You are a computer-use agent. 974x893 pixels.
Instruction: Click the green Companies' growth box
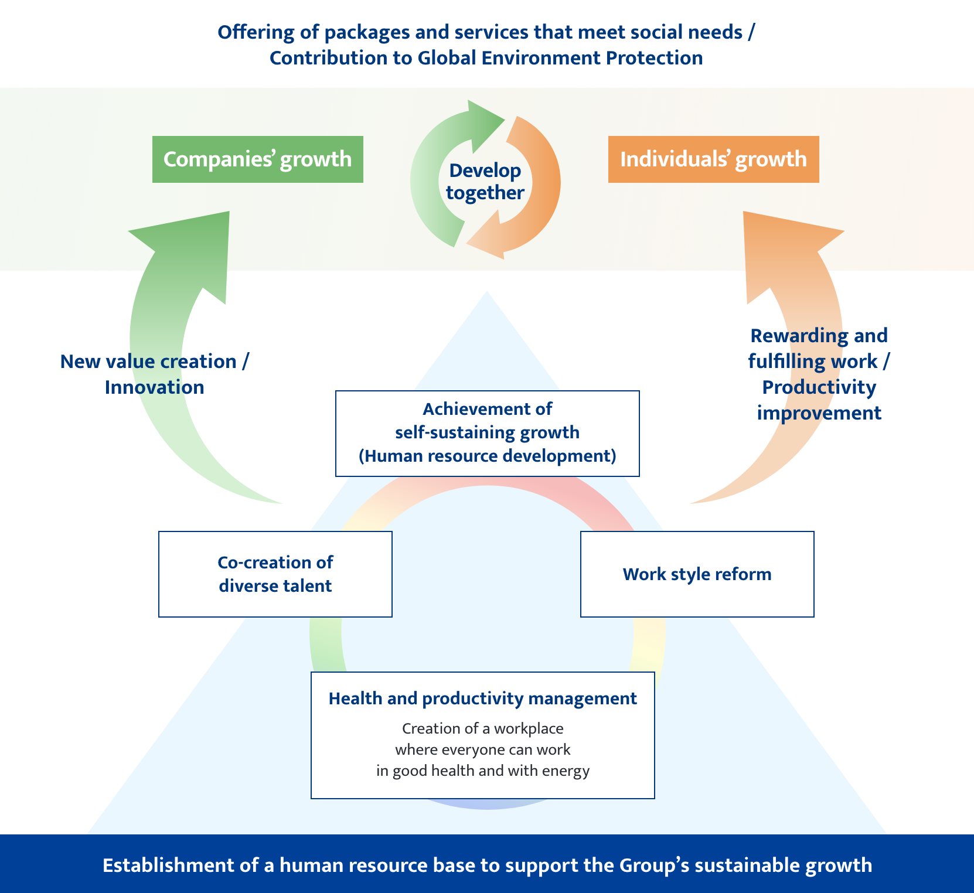[x=257, y=159]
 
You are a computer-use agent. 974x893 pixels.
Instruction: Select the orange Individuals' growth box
[x=713, y=159]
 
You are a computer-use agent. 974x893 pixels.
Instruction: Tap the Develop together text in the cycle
[x=485, y=182]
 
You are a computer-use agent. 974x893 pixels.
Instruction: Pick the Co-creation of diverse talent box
[x=275, y=574]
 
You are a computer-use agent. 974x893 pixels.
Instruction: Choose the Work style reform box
[x=697, y=574]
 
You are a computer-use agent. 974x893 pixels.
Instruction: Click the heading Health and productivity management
[x=482, y=698]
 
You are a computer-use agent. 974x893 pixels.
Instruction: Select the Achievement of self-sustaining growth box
[x=487, y=433]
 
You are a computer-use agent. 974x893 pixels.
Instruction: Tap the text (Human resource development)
[x=487, y=456]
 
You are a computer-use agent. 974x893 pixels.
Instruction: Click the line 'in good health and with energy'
[x=482, y=771]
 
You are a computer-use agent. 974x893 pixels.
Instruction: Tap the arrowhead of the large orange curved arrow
[x=785, y=234]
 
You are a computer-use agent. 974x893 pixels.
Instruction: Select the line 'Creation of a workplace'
[x=482, y=728]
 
